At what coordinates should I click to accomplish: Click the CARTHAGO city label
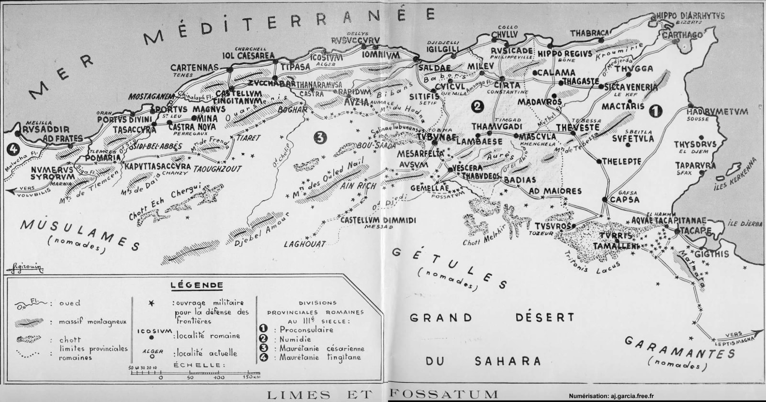(682, 35)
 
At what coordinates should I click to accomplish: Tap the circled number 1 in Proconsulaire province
(654, 111)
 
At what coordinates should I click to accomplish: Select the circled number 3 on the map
(319, 138)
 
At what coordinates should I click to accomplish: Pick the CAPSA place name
(624, 199)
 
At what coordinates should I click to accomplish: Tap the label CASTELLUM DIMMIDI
(378, 220)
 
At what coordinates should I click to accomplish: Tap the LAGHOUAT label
(304, 244)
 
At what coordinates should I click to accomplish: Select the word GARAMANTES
(679, 348)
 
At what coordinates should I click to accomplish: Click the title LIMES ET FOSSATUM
(382, 395)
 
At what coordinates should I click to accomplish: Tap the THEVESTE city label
(577, 128)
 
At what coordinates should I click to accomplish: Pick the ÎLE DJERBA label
(745, 223)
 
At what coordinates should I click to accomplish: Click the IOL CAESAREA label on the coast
(248, 56)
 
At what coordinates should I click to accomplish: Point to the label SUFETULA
(632, 139)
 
